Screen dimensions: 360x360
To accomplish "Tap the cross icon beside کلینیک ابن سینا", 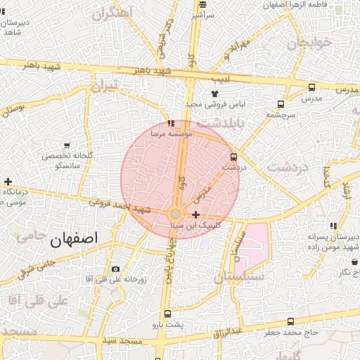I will (195, 214).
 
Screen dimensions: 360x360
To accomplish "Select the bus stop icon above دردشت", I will (233, 157).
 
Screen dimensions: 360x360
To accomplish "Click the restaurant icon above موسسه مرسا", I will (172, 123).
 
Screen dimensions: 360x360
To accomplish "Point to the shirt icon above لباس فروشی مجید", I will (214, 93).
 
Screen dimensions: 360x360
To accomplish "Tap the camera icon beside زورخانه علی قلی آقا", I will (115, 269).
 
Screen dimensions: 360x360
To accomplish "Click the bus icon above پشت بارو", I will (167, 314).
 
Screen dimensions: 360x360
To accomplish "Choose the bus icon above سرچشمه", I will (281, 103).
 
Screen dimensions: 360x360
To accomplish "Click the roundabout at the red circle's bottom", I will (175, 213).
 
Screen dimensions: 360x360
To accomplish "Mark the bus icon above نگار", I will (355, 262).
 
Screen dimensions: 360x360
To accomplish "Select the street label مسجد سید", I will (120, 341).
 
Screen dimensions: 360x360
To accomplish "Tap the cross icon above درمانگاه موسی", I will (7, 181).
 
